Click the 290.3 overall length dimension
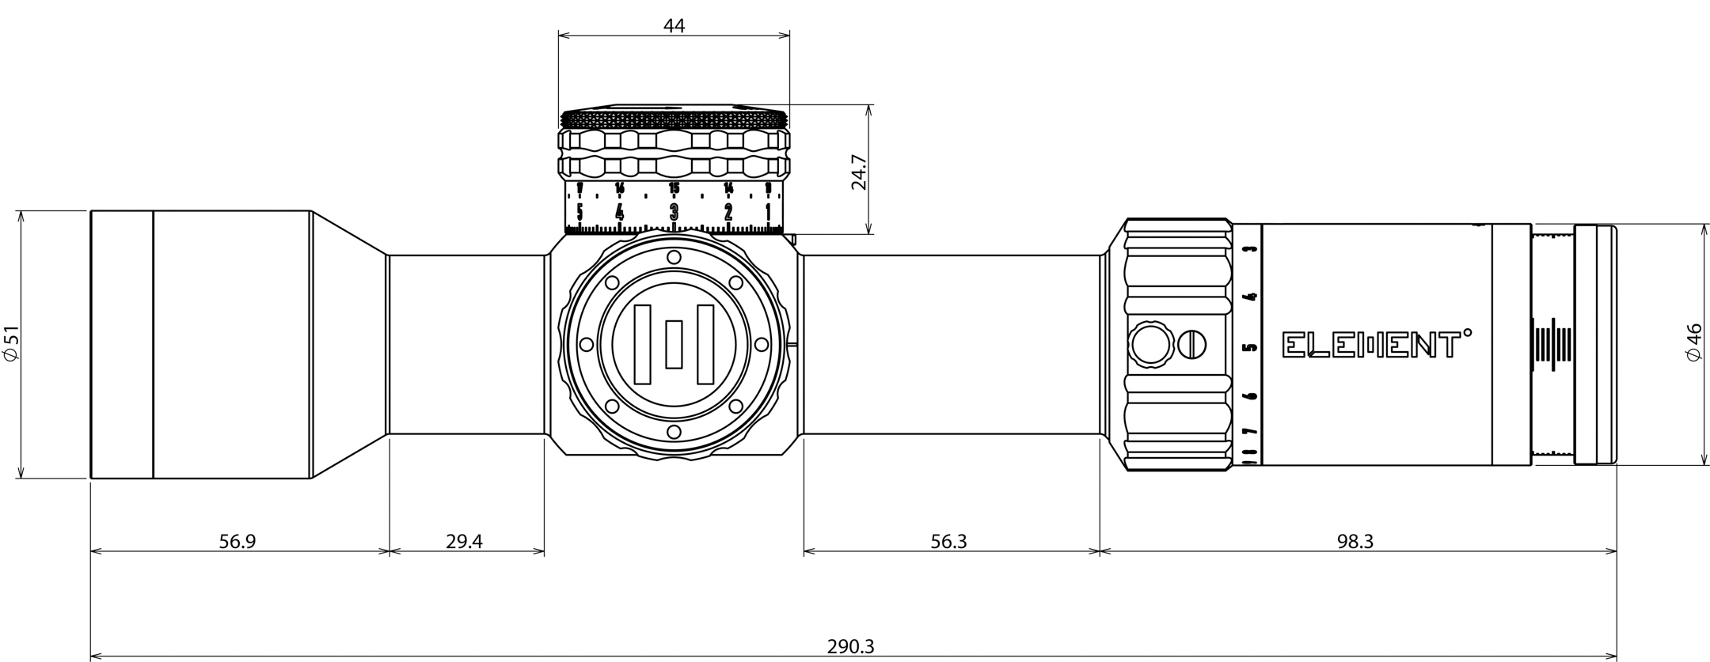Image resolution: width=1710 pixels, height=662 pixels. point(850,646)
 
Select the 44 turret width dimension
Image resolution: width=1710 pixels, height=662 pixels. point(674,25)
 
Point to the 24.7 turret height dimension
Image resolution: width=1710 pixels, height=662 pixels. point(859,172)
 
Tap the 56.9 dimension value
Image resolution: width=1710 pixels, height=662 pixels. point(237,542)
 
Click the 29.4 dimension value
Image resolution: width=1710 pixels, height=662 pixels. point(464,542)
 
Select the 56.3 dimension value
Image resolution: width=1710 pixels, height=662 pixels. point(948,542)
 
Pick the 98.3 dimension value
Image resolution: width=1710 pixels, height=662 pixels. point(1355,542)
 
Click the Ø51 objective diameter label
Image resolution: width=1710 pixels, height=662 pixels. point(11,344)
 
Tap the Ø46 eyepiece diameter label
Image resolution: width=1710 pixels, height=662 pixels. point(1694,342)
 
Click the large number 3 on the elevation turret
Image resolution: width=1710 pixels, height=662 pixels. point(674,212)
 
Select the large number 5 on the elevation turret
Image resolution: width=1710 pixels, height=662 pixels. point(580,212)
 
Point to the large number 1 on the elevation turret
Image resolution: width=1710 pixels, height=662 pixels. point(769,212)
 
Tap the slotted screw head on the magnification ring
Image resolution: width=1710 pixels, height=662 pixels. point(1191,344)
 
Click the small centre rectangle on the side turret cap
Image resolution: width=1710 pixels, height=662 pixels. point(674,344)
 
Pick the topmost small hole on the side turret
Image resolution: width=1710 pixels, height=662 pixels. point(674,257)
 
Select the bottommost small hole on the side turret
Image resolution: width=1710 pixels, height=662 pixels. point(674,432)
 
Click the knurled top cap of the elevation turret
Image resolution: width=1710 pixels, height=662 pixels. point(674,119)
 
